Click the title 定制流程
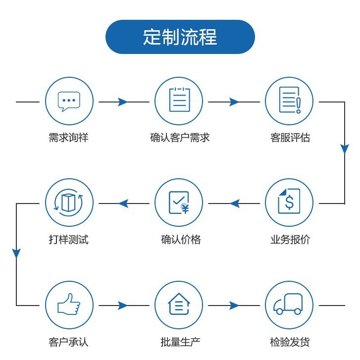(x=180, y=37)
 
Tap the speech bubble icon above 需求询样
(x=69, y=102)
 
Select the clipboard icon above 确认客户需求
(x=179, y=101)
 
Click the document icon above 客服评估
(x=290, y=101)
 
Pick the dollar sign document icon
(x=290, y=203)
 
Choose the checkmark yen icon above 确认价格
(x=179, y=203)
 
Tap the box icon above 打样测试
(x=69, y=203)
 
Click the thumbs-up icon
(x=69, y=305)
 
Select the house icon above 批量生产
(x=179, y=305)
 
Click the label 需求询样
(x=69, y=138)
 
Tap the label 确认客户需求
(x=180, y=138)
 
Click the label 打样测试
(x=69, y=240)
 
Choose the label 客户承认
(x=69, y=342)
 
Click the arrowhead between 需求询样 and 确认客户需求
(x=122, y=102)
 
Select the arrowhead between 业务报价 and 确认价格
(x=235, y=204)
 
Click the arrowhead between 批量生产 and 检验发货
(x=234, y=306)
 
